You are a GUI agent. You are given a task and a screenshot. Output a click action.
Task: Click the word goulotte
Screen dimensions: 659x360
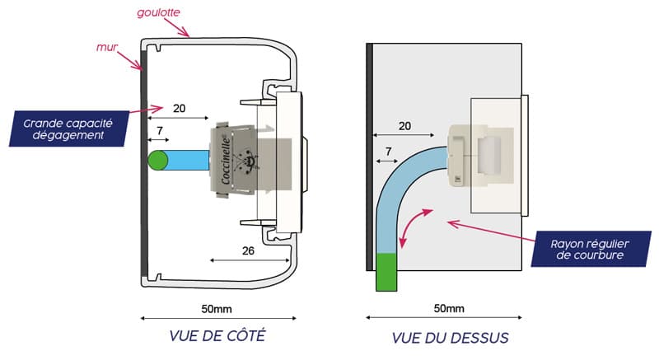pos(158,12)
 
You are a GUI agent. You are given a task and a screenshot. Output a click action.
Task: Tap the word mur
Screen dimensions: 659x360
pos(107,47)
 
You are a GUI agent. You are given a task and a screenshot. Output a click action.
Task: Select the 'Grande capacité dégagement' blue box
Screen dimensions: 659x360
pos(69,129)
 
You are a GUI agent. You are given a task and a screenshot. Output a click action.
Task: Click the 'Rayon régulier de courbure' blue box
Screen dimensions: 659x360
pos(591,249)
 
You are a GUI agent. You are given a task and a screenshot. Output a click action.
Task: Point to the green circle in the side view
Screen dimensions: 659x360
pos(158,161)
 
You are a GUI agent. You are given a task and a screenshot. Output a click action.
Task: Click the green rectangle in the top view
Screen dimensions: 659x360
pos(386,272)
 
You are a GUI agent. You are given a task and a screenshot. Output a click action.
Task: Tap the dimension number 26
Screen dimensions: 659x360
pos(248,250)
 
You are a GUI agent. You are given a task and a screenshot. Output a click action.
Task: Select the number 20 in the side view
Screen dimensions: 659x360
pos(179,109)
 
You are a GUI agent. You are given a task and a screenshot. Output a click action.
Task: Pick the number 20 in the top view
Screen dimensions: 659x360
pos(404,126)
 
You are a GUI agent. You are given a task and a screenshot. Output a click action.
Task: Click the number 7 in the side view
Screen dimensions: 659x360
pos(160,131)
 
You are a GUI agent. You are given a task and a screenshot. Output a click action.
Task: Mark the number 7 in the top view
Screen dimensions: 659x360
pos(388,152)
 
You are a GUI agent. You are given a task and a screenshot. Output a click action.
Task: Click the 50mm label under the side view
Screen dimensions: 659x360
pos(217,309)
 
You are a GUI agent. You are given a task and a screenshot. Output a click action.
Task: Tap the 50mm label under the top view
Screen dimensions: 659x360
pos(449,309)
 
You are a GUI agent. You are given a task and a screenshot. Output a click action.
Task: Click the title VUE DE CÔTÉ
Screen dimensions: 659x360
pos(217,335)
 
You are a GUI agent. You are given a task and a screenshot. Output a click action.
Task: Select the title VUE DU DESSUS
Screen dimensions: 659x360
pos(450,338)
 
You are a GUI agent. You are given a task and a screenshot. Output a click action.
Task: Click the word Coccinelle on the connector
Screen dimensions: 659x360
pos(226,161)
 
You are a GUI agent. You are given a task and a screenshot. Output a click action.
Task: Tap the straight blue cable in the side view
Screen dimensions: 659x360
pos(188,161)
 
